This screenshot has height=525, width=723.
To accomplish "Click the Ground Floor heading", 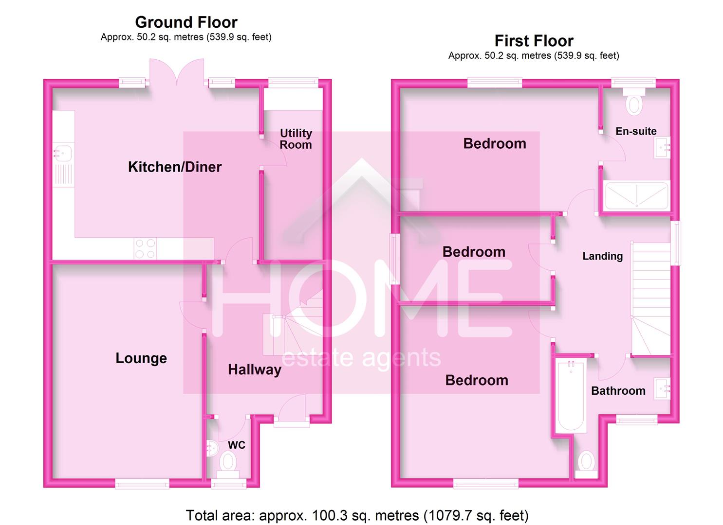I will tap(186, 22).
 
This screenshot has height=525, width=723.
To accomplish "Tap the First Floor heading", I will tap(534, 41).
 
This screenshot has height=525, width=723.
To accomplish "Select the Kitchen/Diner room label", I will tap(175, 167).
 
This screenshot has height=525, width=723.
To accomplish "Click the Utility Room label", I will tap(296, 139).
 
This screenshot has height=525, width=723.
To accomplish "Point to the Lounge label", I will tap(141, 358).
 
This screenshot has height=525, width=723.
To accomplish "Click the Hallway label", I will tap(255, 370).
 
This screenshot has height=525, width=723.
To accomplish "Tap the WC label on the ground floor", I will tap(237, 445).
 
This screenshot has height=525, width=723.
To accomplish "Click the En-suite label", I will tap(636, 131).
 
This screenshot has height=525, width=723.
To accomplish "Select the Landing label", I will tap(602, 256).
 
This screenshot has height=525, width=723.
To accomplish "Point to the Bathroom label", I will tap(618, 391).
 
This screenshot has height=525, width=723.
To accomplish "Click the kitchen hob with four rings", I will tap(145, 248).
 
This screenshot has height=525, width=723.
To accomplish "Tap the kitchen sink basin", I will tap(63, 153).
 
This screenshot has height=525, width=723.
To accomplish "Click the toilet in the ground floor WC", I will tap(227, 461).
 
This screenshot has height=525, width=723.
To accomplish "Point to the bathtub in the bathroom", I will tap(571, 396).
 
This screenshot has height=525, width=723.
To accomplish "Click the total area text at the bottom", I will tap(357, 515).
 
